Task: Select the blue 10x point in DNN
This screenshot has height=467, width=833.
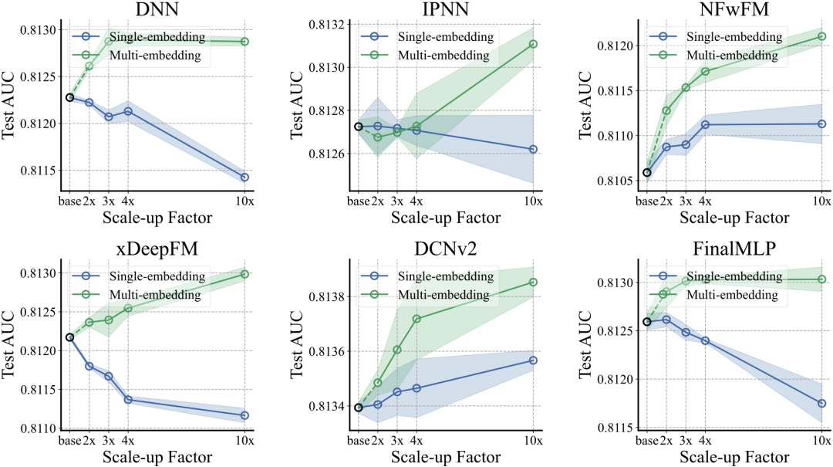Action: coord(245,178)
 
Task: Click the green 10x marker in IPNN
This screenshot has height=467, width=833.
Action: coord(533,44)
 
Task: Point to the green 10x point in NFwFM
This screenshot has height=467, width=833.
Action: coord(821,36)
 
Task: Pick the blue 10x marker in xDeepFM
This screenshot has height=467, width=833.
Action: coord(245,415)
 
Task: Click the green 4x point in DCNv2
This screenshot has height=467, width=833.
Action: coord(416,319)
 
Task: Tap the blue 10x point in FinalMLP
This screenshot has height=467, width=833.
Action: coord(821,403)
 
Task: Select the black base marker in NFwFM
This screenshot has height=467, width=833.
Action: coord(647,172)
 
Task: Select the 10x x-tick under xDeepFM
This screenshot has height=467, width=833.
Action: coord(245,441)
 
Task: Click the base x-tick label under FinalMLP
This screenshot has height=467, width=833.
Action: coord(646,441)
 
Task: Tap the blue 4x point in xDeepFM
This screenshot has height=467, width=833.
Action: coord(128,400)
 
